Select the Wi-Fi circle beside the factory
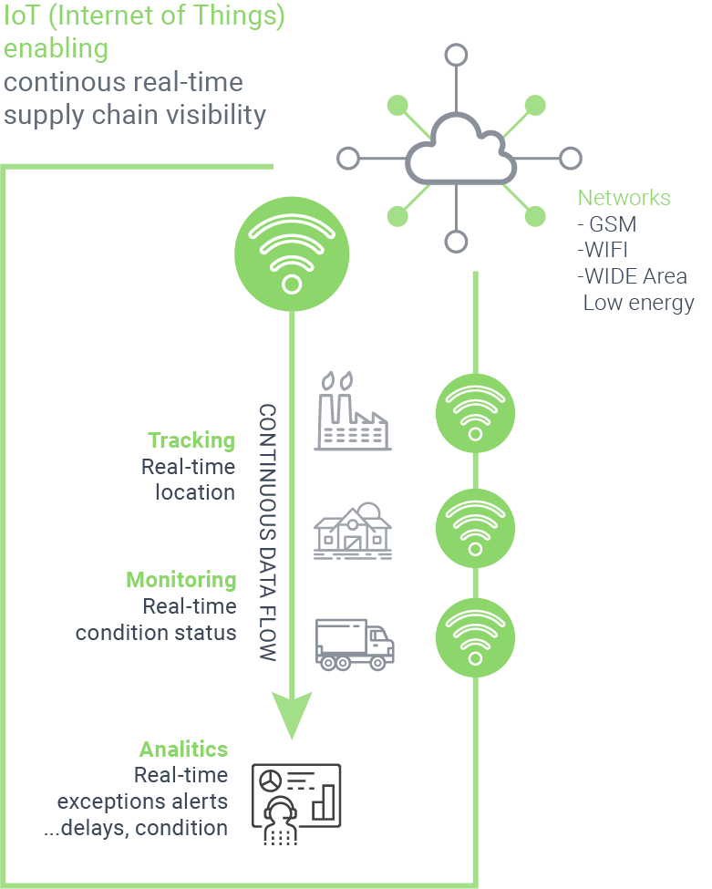pyautogui.click(x=475, y=413)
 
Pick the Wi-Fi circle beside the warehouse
pyautogui.click(x=475, y=527)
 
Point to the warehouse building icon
pyautogui.click(x=353, y=529)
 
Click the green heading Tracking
pyautogui.click(x=191, y=441)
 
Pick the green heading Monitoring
pyautogui.click(x=181, y=580)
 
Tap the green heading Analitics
pyautogui.click(x=183, y=749)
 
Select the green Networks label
pyautogui.click(x=624, y=198)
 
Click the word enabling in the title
pyautogui.click(x=57, y=47)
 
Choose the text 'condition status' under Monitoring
pyautogui.click(x=156, y=632)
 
